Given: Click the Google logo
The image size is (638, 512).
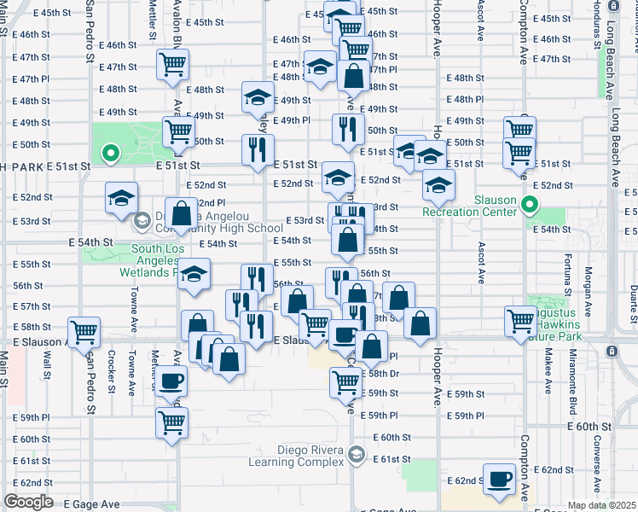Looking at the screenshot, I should point(28,502).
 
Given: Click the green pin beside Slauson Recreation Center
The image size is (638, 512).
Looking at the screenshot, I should point(529,204).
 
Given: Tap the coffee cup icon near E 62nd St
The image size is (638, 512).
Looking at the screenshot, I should point(499,479).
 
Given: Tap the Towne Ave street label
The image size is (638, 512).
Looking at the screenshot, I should point(134,308).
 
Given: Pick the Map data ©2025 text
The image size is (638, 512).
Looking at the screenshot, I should point(601,505).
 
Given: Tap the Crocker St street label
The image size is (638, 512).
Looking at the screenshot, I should point(113,372).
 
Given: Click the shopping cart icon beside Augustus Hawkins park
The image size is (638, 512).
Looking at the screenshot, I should point(519,322).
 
